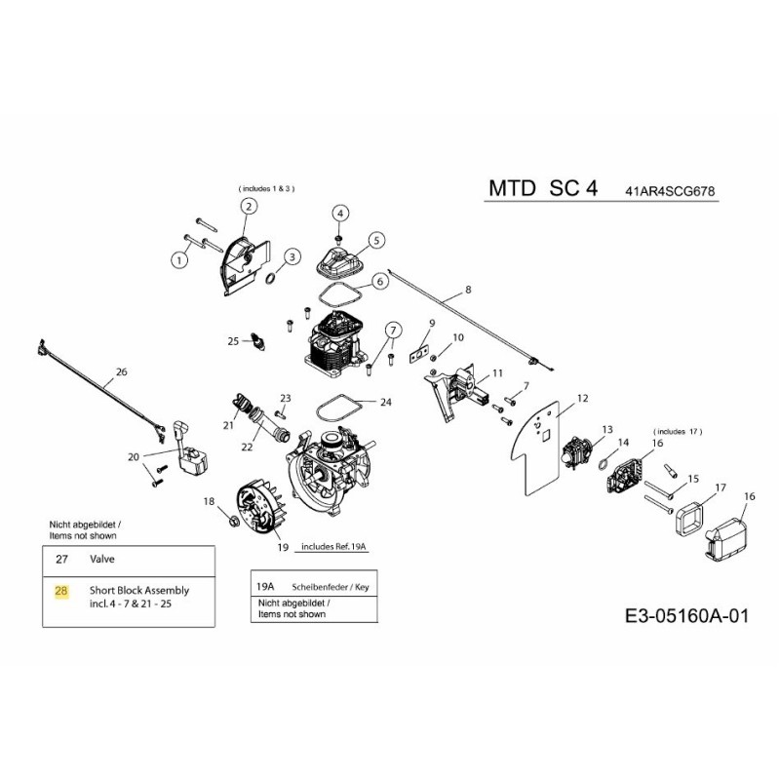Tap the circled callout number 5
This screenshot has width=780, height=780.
coord(375,239)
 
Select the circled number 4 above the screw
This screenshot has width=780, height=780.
coord(340,213)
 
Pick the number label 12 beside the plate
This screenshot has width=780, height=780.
coord(582,398)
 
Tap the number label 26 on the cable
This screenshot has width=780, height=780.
coord(121,371)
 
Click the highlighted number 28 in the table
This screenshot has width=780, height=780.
coord(61,591)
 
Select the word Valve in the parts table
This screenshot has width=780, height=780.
coord(103,561)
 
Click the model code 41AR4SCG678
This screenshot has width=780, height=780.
coord(671,191)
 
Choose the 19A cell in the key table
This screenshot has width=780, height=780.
coord(264,586)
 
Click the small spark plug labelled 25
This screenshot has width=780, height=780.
coord(256,340)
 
